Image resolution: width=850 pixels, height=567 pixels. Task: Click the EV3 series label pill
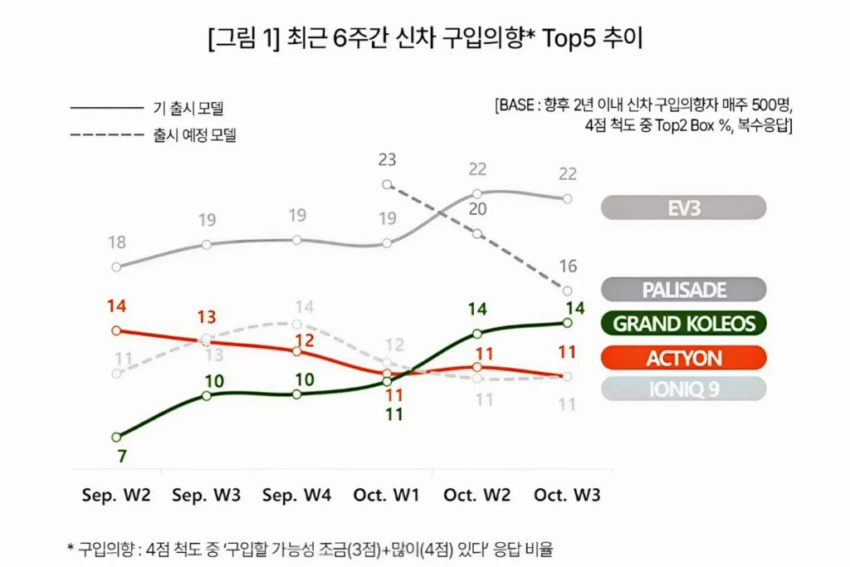[x=683, y=208]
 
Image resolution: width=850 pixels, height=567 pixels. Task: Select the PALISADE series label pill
[x=683, y=290]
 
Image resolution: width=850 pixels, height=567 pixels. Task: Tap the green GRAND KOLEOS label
[x=683, y=324]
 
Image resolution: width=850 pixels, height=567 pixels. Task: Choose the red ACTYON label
[x=683, y=358]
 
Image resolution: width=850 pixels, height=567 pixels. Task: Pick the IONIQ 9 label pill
[x=683, y=389]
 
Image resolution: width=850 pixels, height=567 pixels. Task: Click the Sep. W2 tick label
[x=116, y=495]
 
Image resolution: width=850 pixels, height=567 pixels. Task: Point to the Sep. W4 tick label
[x=296, y=495]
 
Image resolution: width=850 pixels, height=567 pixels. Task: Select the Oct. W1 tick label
[x=387, y=495]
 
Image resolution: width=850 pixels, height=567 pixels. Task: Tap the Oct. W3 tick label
[x=567, y=495]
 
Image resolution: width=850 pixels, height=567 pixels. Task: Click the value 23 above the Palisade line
[x=387, y=160]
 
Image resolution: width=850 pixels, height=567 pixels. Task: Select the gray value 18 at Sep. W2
[x=117, y=242]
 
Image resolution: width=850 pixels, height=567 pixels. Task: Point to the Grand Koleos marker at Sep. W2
[x=117, y=437]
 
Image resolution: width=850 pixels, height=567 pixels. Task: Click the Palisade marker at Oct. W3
[x=568, y=291]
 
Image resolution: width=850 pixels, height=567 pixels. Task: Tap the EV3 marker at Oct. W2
[x=477, y=193]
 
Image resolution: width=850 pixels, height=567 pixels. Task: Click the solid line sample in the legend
[x=107, y=107]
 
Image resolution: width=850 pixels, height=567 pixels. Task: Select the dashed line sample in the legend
[x=107, y=134]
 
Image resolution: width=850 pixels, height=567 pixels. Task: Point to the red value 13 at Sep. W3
[x=208, y=317]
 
